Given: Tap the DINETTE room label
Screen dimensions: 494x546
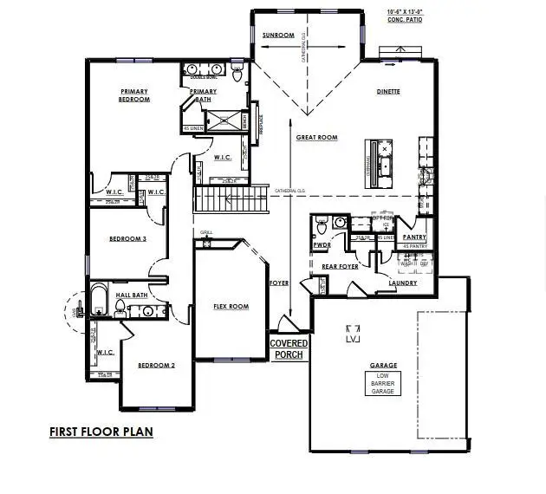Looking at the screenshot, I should coord(387,91).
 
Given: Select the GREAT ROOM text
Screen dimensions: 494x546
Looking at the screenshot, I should coord(316,138).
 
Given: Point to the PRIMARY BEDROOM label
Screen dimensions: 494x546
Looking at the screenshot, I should coord(134,95).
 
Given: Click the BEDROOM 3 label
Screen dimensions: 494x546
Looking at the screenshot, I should coord(127,238).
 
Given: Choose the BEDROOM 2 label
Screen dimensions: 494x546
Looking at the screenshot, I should coord(156,365).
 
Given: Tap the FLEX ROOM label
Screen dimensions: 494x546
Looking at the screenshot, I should coord(231,306).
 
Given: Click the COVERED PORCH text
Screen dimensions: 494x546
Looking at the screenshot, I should coord(289,349).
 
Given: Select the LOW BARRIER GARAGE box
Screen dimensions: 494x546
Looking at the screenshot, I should coord(382,383).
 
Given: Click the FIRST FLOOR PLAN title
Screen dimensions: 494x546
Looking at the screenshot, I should coord(101,432).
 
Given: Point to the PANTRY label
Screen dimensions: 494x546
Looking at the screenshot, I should coord(414,237).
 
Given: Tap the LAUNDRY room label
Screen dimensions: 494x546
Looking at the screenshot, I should coord(402,283).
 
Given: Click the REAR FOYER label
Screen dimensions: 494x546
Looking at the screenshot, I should coord(340,266).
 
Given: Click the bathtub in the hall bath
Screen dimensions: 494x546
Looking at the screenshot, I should coord(98,302).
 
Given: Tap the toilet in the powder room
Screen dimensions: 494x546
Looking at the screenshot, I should coord(321,228).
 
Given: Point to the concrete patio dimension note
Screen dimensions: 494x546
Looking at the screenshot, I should coord(405,16).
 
